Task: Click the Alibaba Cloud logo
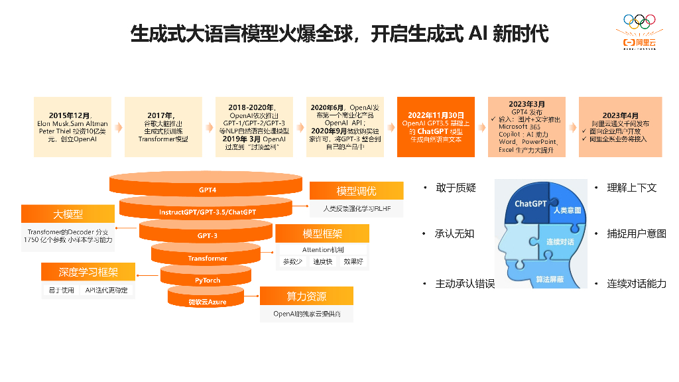click(638, 33)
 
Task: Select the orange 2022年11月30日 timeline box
click(436, 127)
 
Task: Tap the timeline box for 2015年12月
click(72, 127)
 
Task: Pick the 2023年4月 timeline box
click(620, 127)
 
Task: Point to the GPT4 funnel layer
click(208, 190)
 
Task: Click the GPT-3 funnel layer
click(208, 235)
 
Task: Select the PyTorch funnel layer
click(208, 281)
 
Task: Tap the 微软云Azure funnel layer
click(206, 302)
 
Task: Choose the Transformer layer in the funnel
click(208, 258)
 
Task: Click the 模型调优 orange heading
click(356, 191)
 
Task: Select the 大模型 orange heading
click(68, 214)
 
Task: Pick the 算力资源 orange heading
click(306, 296)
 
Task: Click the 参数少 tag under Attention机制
click(292, 262)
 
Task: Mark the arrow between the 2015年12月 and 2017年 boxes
click(118, 127)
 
